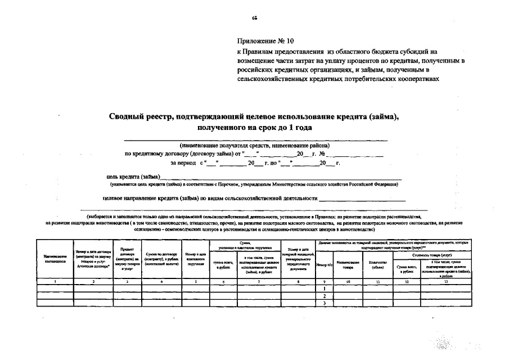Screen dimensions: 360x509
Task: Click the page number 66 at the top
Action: (254, 18)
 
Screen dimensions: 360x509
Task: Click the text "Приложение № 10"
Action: (265, 41)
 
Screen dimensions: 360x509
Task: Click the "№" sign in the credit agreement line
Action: (322, 154)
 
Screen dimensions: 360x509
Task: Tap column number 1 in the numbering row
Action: (55, 280)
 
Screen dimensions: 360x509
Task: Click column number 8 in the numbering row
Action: (298, 280)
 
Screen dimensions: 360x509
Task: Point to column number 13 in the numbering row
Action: (446, 280)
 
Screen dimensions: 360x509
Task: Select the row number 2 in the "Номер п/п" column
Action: (325, 295)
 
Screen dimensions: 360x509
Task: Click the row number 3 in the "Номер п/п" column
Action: (325, 303)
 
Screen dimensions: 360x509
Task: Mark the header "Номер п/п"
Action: (325, 264)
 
